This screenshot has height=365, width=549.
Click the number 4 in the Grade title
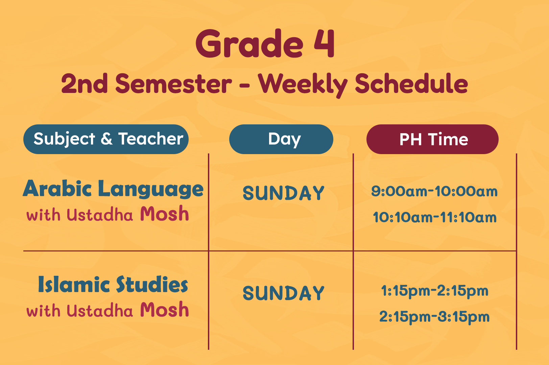324,43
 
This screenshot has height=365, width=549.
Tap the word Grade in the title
249,43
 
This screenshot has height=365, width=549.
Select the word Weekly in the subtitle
303,85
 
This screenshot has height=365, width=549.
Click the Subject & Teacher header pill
106,139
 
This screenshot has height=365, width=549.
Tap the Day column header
281,139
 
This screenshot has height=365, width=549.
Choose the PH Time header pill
432,139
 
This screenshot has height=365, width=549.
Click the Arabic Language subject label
113,189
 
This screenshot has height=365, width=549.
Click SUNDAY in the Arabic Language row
284,193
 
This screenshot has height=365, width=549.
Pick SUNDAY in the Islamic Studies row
284,293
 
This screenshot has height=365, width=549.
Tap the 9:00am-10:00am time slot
434,191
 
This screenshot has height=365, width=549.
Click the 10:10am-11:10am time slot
435,217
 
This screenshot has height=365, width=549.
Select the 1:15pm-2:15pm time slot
435,291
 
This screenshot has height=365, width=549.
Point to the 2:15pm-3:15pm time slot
434,317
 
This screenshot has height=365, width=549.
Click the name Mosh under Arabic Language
164,214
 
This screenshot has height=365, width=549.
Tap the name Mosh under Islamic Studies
164,309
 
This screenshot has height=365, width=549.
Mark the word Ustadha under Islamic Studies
100,311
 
